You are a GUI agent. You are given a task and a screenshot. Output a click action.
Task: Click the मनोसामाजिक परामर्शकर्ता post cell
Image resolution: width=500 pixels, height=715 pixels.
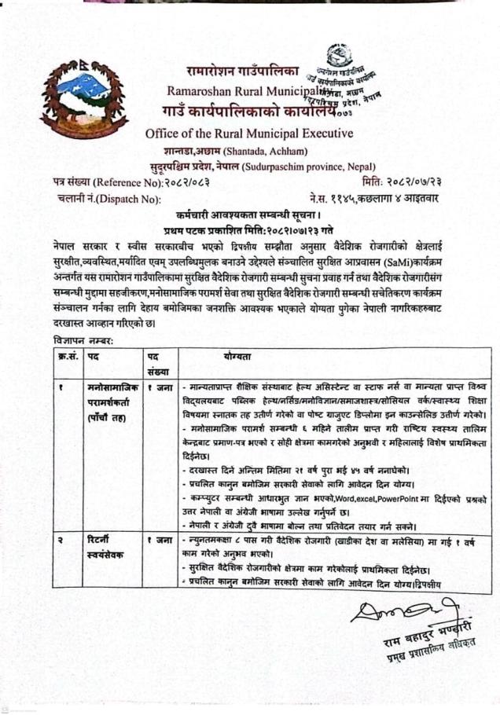[x=112, y=402]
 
